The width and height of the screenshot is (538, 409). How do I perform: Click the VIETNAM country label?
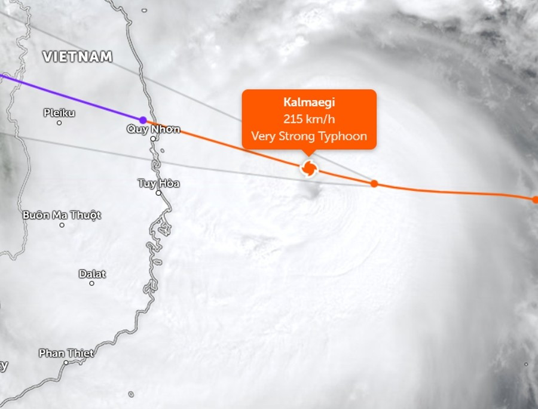(x=77, y=57)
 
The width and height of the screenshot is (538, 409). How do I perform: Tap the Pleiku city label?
(x=59, y=112)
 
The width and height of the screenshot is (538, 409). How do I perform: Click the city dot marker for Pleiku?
(x=59, y=123)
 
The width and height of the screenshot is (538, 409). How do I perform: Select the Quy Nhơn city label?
(x=153, y=129)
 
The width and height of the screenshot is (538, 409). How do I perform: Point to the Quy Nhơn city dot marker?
(x=153, y=139)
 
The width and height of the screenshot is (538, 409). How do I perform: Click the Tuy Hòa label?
(x=158, y=183)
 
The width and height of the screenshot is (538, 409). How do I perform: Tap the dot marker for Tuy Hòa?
(x=158, y=193)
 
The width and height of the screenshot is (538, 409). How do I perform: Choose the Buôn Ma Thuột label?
(x=62, y=215)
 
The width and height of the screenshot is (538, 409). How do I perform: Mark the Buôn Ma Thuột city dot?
(x=62, y=225)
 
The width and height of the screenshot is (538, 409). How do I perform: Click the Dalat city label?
(x=92, y=274)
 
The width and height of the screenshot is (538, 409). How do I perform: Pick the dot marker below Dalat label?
(x=91, y=283)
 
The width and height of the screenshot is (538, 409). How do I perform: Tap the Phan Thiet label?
(x=66, y=353)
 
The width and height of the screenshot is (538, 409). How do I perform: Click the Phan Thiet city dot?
(x=65, y=362)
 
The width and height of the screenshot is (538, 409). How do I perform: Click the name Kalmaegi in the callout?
(x=309, y=102)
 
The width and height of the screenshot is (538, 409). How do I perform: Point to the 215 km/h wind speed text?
(x=309, y=119)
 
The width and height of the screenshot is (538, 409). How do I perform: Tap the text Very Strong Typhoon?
(x=309, y=136)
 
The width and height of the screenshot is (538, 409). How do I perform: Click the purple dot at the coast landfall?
(x=143, y=120)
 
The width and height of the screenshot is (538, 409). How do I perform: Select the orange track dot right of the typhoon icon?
(x=374, y=183)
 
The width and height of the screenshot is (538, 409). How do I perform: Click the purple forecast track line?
(x=72, y=98)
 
